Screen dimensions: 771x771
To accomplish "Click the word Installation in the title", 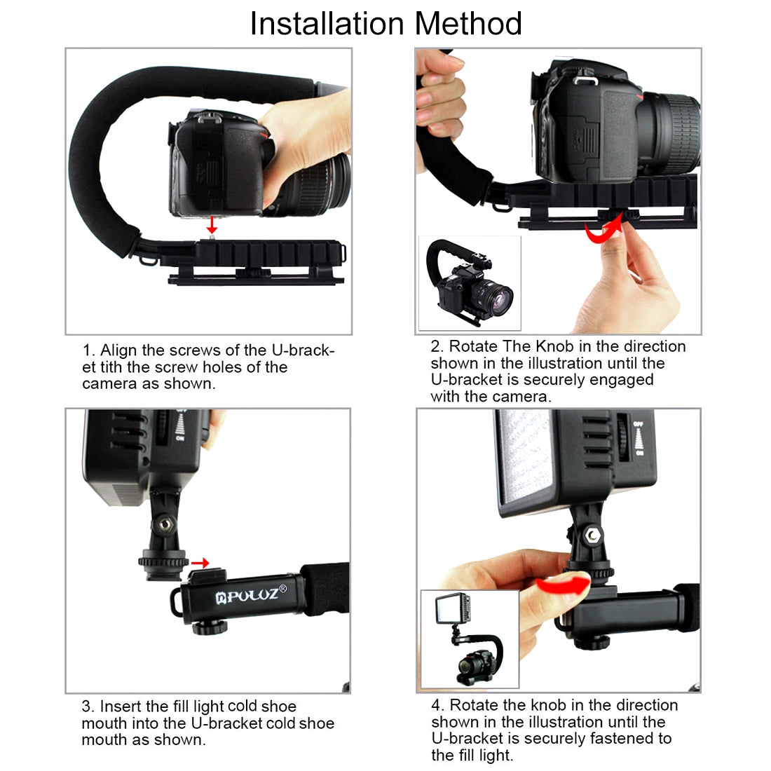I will (x=327, y=23).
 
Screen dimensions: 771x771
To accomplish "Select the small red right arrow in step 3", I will (x=200, y=562).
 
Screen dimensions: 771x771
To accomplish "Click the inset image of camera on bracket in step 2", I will (x=470, y=284).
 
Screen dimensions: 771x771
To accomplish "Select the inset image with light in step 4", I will (x=470, y=639).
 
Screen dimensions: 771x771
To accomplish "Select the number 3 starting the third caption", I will (x=86, y=707).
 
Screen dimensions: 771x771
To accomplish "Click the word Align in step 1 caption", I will (x=118, y=350).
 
